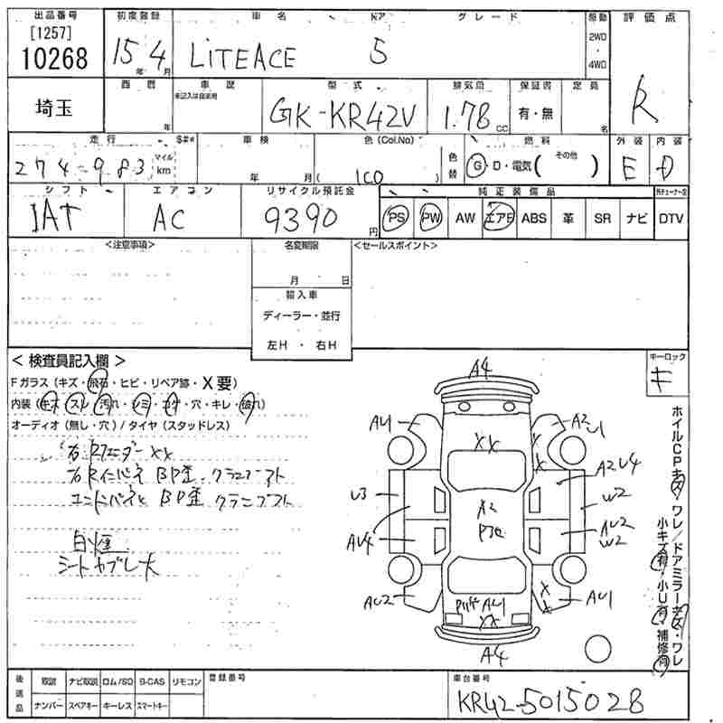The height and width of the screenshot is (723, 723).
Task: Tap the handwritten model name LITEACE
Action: tap(241, 57)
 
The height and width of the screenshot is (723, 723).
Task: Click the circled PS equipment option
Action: tap(396, 218)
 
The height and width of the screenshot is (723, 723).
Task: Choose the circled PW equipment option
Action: tap(430, 218)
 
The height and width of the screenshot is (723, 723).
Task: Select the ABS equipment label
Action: tap(533, 218)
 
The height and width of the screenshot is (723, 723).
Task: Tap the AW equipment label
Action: tap(465, 218)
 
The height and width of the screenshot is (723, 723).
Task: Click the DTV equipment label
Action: tap(671, 218)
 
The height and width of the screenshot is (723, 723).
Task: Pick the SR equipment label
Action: tap(602, 218)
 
